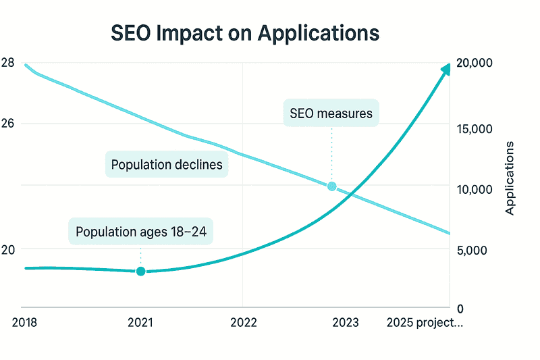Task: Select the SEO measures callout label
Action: pos(331,113)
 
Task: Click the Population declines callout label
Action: pos(167,165)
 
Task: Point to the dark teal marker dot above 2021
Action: pos(140,271)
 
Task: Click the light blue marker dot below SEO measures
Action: pos(331,186)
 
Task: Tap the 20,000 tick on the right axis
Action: pos(475,63)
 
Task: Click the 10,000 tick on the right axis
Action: pos(475,190)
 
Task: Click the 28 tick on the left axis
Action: pos(8,63)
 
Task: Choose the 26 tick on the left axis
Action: pos(8,124)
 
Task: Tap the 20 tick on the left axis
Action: pos(8,250)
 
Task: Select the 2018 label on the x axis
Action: pos(25,323)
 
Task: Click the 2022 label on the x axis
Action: pos(243,323)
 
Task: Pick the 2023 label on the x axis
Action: pos(346,323)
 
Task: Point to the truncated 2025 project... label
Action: pos(425,323)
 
